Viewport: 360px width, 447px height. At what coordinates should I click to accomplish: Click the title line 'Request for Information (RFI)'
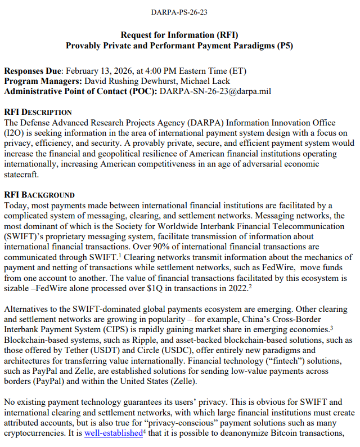tap(179, 34)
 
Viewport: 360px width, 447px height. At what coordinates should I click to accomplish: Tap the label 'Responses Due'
tap(33, 71)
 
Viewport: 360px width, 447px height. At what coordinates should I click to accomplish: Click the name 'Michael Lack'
tap(197, 81)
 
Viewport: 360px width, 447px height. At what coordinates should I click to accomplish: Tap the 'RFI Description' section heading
tap(38, 113)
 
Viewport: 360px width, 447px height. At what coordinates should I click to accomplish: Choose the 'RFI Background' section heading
tap(39, 195)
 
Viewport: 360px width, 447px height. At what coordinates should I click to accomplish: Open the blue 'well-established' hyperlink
tap(113, 433)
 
